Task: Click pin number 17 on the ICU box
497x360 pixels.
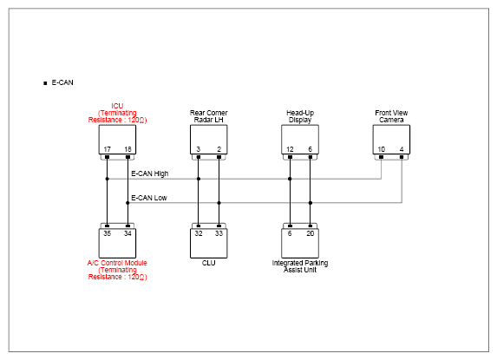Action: tap(108, 149)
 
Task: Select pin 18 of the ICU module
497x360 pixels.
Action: tap(128, 149)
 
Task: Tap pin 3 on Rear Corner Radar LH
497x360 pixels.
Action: tap(199, 149)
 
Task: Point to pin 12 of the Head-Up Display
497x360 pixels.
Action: tap(290, 149)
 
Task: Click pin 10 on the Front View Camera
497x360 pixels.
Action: tap(382, 149)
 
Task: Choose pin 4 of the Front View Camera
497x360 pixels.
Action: tap(402, 149)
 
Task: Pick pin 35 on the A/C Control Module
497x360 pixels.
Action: tap(108, 233)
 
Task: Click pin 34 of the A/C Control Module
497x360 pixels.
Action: tap(128, 233)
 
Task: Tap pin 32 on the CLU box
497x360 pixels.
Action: tap(199, 233)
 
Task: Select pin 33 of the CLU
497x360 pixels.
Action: tap(219, 233)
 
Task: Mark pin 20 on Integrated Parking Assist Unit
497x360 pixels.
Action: tap(311, 233)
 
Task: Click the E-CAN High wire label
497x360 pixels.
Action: tap(149, 173)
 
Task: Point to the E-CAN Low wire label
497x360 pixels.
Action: tap(149, 198)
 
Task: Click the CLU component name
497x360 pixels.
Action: tap(208, 263)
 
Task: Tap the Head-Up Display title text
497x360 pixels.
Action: tap(300, 116)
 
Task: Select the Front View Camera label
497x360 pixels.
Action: tap(391, 116)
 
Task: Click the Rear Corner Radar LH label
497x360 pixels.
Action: tap(208, 116)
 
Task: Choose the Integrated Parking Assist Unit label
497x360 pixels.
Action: tap(300, 266)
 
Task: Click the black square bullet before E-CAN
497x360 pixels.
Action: tap(45, 83)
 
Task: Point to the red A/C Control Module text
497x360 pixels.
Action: tap(117, 263)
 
